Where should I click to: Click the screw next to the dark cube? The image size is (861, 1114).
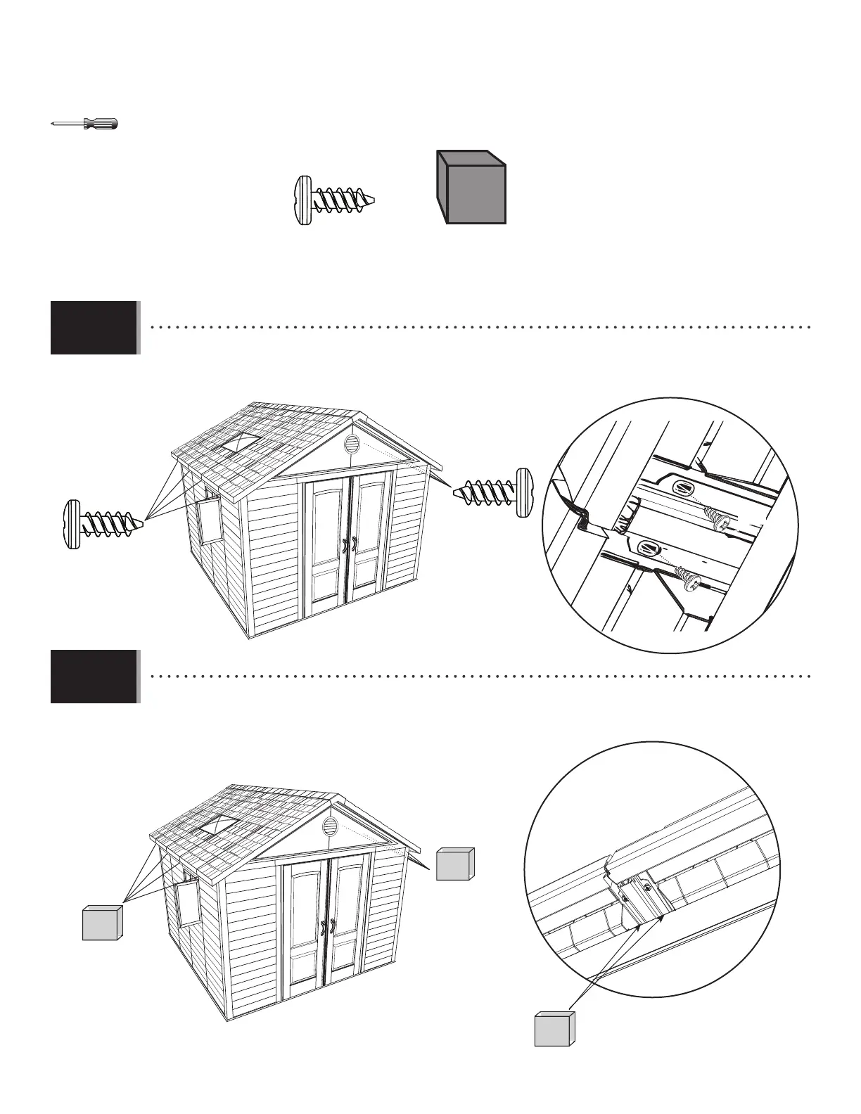[333, 200]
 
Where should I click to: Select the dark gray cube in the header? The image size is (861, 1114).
[471, 188]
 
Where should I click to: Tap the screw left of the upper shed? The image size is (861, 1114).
[104, 524]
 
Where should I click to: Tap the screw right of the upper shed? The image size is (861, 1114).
[493, 493]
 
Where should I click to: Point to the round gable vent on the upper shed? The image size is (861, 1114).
[352, 445]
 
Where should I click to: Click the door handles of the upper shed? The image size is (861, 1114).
[349, 545]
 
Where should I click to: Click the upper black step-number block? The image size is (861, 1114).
[94, 328]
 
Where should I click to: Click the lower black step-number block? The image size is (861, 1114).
[94, 677]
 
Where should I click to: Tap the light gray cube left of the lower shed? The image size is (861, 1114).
[103, 923]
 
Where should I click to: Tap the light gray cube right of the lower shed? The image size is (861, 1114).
[454, 864]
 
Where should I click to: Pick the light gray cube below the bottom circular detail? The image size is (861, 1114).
[554, 1029]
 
